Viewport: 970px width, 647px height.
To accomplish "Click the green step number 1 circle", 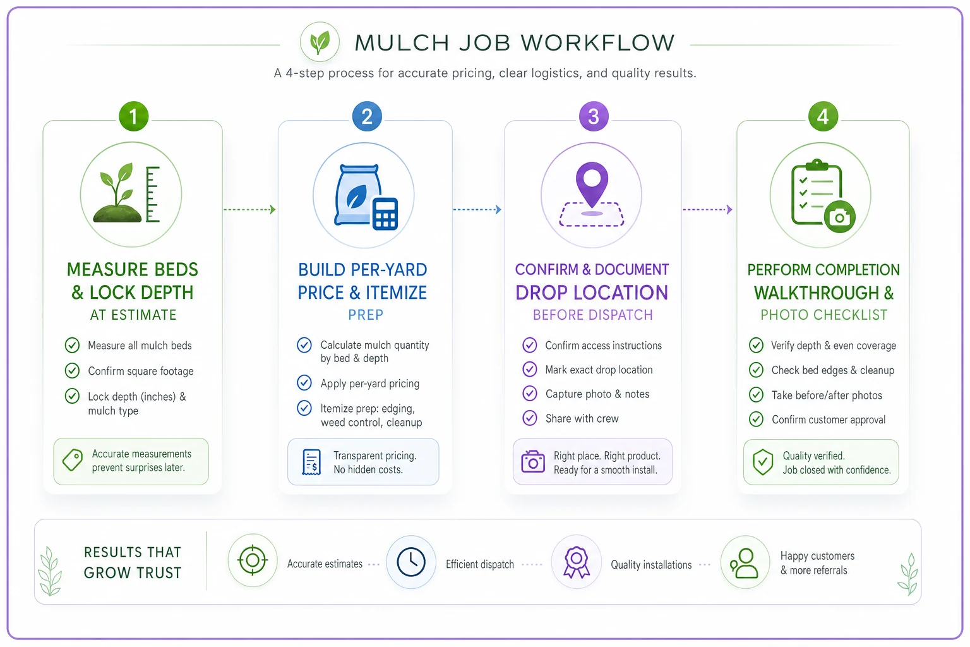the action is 133,116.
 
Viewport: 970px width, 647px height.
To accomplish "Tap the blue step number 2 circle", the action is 367,116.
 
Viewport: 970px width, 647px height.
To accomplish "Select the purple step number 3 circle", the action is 594,116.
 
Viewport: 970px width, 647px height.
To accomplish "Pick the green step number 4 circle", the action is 823,116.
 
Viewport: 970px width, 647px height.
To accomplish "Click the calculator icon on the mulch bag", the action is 385,214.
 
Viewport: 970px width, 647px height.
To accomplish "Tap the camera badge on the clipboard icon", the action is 839,217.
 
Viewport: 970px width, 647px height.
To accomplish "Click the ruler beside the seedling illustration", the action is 152,194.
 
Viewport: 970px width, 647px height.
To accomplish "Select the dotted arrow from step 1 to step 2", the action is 249,210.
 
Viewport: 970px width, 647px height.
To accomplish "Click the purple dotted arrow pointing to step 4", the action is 707,210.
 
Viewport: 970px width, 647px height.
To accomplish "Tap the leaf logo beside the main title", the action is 320,42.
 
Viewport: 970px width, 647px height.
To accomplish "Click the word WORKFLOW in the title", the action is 597,43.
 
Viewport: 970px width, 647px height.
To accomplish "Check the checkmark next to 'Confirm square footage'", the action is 73,370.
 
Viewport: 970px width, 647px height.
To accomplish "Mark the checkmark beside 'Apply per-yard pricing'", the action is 304,383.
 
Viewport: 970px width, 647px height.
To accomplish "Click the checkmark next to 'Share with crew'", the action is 530,418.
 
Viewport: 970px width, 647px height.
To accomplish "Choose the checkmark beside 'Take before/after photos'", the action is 756,395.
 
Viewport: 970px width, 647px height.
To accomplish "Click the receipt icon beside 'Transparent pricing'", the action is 311,463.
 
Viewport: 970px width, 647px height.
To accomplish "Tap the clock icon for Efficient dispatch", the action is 411,562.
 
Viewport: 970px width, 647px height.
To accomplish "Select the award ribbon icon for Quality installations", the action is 576,562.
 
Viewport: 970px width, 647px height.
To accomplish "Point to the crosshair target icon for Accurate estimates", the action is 253,560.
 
